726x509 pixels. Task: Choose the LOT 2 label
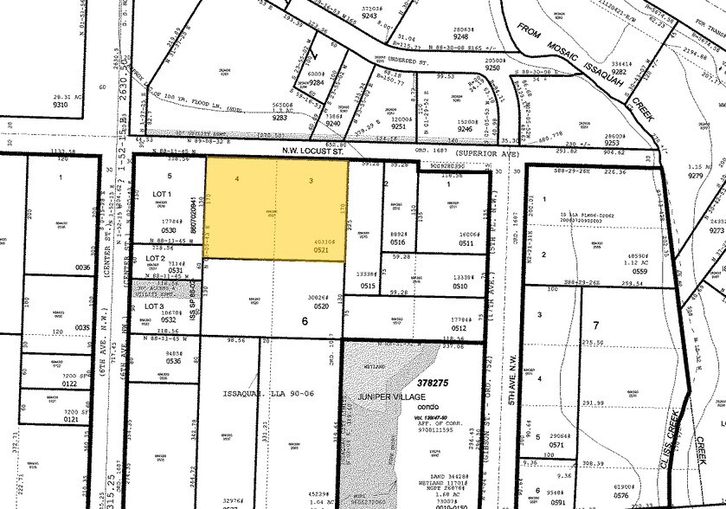(157, 259)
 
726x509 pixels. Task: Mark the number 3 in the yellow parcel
(311, 180)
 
